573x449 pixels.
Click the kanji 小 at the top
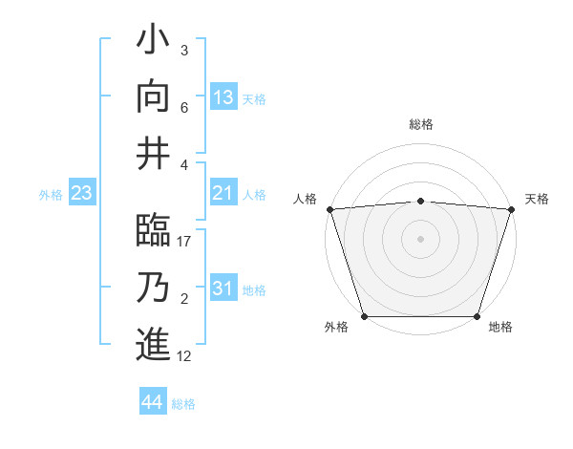click(153, 43)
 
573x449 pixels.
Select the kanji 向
click(153, 96)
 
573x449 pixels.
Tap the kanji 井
click(153, 151)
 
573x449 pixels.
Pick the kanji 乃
click(153, 287)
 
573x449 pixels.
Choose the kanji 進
click(153, 342)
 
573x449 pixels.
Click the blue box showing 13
click(223, 97)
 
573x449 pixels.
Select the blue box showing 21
click(223, 194)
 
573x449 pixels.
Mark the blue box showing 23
click(82, 194)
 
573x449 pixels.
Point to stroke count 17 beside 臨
click(185, 242)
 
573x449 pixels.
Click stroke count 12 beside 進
click(185, 355)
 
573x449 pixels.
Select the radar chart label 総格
click(421, 124)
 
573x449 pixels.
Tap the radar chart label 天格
click(537, 199)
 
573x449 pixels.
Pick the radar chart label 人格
click(305, 199)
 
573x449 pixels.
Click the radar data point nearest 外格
click(364, 316)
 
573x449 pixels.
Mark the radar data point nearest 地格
click(477, 316)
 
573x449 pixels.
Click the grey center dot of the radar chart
click(420, 238)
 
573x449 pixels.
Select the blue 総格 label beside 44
click(183, 404)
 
